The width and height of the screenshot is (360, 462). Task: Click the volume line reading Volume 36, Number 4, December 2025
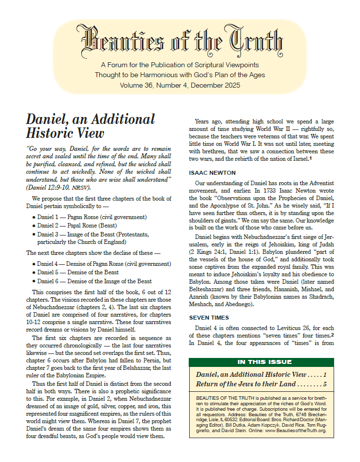[180, 85]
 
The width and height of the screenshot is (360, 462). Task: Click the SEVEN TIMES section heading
[209, 317]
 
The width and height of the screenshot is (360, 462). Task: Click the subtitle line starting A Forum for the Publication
[180, 65]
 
